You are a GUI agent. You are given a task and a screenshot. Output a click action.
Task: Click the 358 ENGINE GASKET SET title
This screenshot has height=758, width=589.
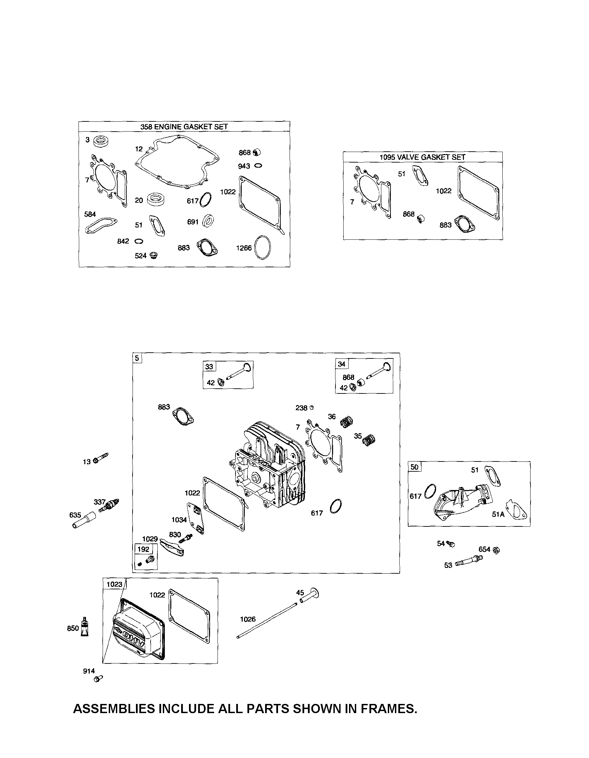[x=184, y=127]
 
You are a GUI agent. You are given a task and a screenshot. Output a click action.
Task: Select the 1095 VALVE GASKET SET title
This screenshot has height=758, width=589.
[x=422, y=157]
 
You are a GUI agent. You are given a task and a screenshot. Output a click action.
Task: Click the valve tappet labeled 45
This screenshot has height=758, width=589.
[x=310, y=596]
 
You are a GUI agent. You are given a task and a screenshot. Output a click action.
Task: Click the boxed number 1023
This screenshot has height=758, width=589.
[x=114, y=585]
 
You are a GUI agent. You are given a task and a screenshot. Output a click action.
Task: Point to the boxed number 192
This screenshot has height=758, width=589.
[x=143, y=549]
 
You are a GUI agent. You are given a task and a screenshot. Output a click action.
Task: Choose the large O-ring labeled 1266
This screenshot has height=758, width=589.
[x=262, y=248]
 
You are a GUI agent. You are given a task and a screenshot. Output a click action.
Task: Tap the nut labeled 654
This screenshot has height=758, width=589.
[x=496, y=550]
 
